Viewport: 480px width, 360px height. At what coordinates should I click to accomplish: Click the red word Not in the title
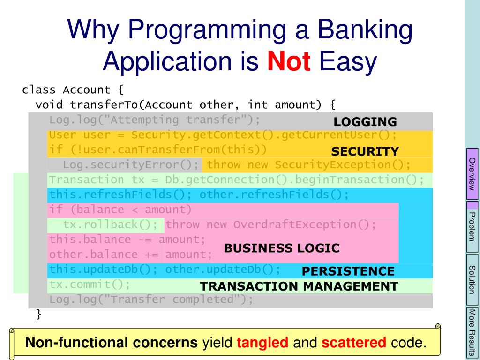coord(289,61)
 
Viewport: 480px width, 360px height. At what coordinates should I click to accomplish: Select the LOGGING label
coord(365,122)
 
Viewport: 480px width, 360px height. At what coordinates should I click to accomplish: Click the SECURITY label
coord(365,151)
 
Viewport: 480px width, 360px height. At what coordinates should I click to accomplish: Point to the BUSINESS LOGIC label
coord(282,248)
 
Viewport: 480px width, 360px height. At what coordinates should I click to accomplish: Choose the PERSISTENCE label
coord(348,271)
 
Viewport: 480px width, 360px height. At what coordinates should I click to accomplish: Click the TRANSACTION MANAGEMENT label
coord(299,286)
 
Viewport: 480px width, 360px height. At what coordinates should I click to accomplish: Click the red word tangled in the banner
coord(262,343)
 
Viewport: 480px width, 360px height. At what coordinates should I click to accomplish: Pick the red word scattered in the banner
coord(353,342)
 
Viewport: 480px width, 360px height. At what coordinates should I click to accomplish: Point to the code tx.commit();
coord(90,285)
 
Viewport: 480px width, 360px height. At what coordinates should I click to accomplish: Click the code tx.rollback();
coord(110,225)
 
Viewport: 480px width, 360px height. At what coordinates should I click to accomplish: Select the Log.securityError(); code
coord(131,165)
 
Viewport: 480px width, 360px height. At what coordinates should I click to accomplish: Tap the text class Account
coord(66,90)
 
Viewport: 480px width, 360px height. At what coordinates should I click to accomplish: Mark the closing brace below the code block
coord(38,314)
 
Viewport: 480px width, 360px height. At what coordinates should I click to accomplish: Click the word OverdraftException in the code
coord(295,225)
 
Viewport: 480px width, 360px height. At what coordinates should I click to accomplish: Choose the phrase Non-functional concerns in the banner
coord(112,342)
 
